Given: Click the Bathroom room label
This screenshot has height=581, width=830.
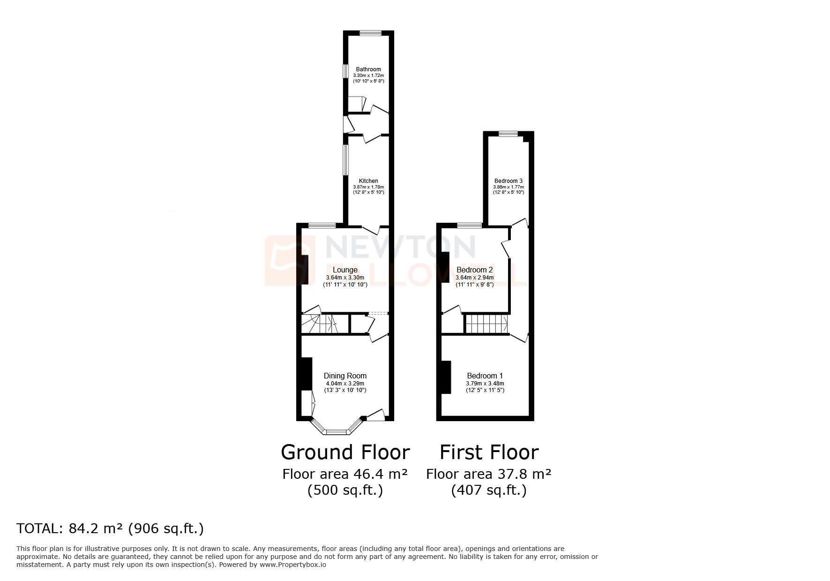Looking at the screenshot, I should (368, 69).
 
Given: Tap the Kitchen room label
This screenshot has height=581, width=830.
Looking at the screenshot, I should (368, 181).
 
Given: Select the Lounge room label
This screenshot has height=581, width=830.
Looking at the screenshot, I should (345, 270).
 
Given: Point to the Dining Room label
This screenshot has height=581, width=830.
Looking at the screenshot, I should (345, 376).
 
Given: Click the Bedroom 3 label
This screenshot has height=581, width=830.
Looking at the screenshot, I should (508, 181).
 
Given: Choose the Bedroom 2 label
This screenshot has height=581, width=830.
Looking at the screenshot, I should (474, 270).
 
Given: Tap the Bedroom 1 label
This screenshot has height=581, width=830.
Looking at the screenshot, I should (485, 376).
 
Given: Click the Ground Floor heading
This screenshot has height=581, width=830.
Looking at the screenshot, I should (345, 453).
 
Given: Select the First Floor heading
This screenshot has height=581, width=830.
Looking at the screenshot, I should (489, 453).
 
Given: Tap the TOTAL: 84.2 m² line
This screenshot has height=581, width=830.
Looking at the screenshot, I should (110, 528).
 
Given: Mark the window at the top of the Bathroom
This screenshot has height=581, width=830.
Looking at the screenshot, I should (370, 33).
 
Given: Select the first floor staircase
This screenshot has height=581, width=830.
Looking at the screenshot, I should (486, 324).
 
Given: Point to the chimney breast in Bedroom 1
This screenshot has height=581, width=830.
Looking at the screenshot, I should (445, 377).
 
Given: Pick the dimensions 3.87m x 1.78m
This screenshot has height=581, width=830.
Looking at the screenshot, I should (368, 187).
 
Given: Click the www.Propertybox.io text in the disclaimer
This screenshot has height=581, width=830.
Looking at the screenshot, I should (293, 565).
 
